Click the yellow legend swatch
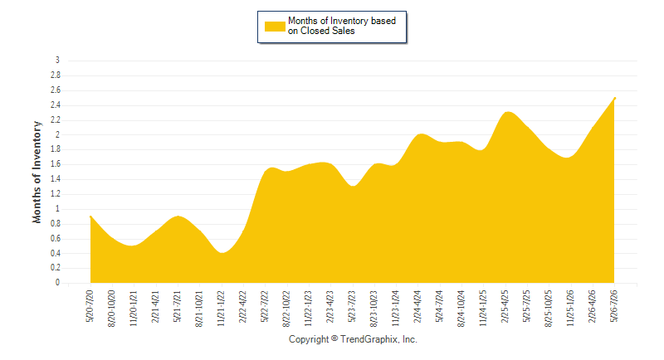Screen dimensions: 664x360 pos(275,27)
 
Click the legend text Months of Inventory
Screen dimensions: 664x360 pos(328,21)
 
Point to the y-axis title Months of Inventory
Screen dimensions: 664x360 pos(37,173)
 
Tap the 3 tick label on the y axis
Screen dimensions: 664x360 pos(57,60)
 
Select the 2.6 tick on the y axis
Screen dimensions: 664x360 pos(56,90)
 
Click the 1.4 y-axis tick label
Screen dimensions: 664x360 pos(56,179)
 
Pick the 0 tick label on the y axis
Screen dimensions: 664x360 pos(57,283)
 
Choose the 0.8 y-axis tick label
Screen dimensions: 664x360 pos(56,223)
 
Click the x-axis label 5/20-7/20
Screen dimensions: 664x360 pos(90,306)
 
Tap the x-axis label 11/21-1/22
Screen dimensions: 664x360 pos(221,309)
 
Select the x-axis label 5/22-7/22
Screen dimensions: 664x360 pos(265,306)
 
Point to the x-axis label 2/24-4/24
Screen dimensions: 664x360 pos(417,306)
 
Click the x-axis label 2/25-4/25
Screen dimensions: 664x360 pos(505,306)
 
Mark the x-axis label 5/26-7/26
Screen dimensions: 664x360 pos(613,306)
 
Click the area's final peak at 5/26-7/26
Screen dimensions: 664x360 pos(614,98)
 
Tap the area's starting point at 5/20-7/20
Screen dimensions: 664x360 pos(90,216)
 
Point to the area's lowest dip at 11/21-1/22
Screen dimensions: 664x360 pos(222,253)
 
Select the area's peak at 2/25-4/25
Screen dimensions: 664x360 pos(508,112)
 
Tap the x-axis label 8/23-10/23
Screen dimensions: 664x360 pos(373,309)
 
